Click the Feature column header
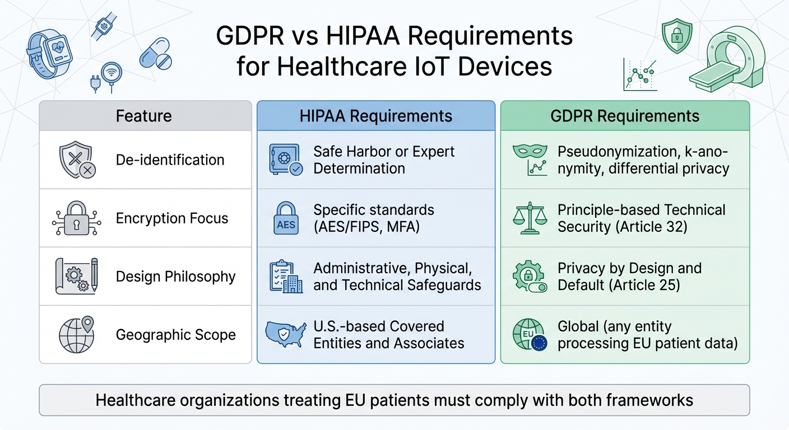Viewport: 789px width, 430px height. (144, 116)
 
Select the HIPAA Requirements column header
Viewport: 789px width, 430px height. (376, 116)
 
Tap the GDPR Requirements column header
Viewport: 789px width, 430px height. (625, 116)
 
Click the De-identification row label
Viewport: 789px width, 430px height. (170, 160)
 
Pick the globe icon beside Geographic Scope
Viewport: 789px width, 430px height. (76, 335)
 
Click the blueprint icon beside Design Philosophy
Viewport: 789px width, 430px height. (76, 276)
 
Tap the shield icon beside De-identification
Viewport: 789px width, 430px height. (76, 160)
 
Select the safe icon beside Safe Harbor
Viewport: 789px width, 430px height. (285, 160)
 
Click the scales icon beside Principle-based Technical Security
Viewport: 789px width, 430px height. (529, 219)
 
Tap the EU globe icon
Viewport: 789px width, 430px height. (529, 335)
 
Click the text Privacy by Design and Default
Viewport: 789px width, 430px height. (629, 277)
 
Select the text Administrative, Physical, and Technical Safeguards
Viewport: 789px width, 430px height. (397, 277)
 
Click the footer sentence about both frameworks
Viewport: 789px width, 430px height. (394, 400)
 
